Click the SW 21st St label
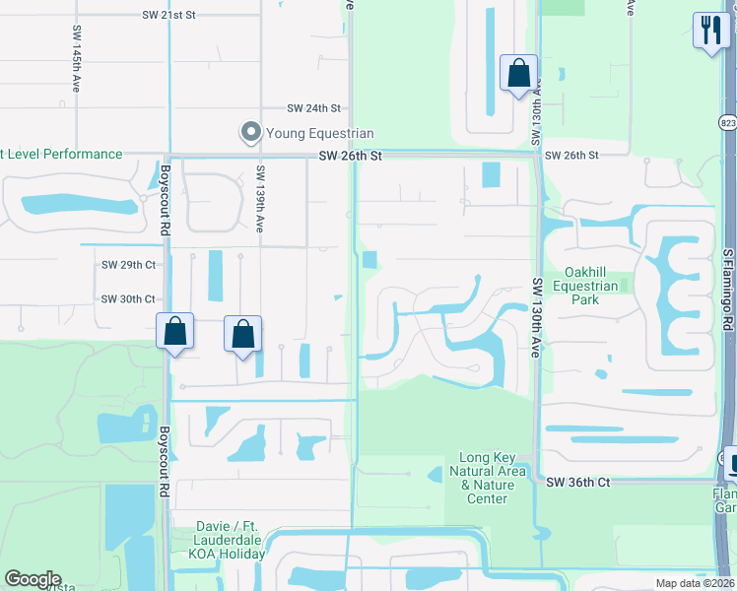tap(169, 16)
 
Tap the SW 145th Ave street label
tap(76, 60)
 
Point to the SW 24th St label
tap(313, 108)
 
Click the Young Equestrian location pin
tap(250, 132)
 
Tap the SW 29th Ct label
tap(129, 265)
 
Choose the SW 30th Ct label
tap(129, 298)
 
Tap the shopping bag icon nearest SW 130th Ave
tap(518, 74)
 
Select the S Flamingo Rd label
tap(727, 290)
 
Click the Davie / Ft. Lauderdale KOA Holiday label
tap(218, 547)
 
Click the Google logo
tap(32, 579)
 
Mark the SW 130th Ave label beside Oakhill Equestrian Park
tap(537, 316)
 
